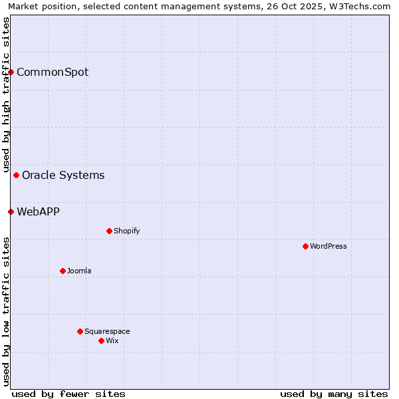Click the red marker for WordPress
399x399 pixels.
click(x=305, y=246)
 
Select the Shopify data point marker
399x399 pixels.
click(x=109, y=231)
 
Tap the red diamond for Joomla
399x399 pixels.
click(x=63, y=271)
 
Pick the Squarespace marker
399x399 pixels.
click(x=80, y=331)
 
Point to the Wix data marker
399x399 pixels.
click(x=101, y=340)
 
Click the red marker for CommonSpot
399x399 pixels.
click(x=11, y=72)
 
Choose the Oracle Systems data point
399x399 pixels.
click(x=17, y=175)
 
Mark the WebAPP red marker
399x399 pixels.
click(x=11, y=211)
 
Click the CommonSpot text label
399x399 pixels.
click(x=53, y=72)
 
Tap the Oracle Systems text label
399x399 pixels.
click(x=63, y=175)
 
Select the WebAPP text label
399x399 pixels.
click(x=38, y=211)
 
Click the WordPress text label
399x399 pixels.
click(x=329, y=246)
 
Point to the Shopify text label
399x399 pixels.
click(x=126, y=231)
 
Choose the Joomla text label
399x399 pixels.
click(x=79, y=271)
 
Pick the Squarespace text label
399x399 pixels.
click(x=107, y=331)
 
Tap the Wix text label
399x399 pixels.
click(x=112, y=340)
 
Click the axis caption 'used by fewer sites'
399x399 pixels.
click(x=68, y=394)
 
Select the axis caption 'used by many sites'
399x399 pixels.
click(x=334, y=394)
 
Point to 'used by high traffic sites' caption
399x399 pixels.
click(x=6, y=94)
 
